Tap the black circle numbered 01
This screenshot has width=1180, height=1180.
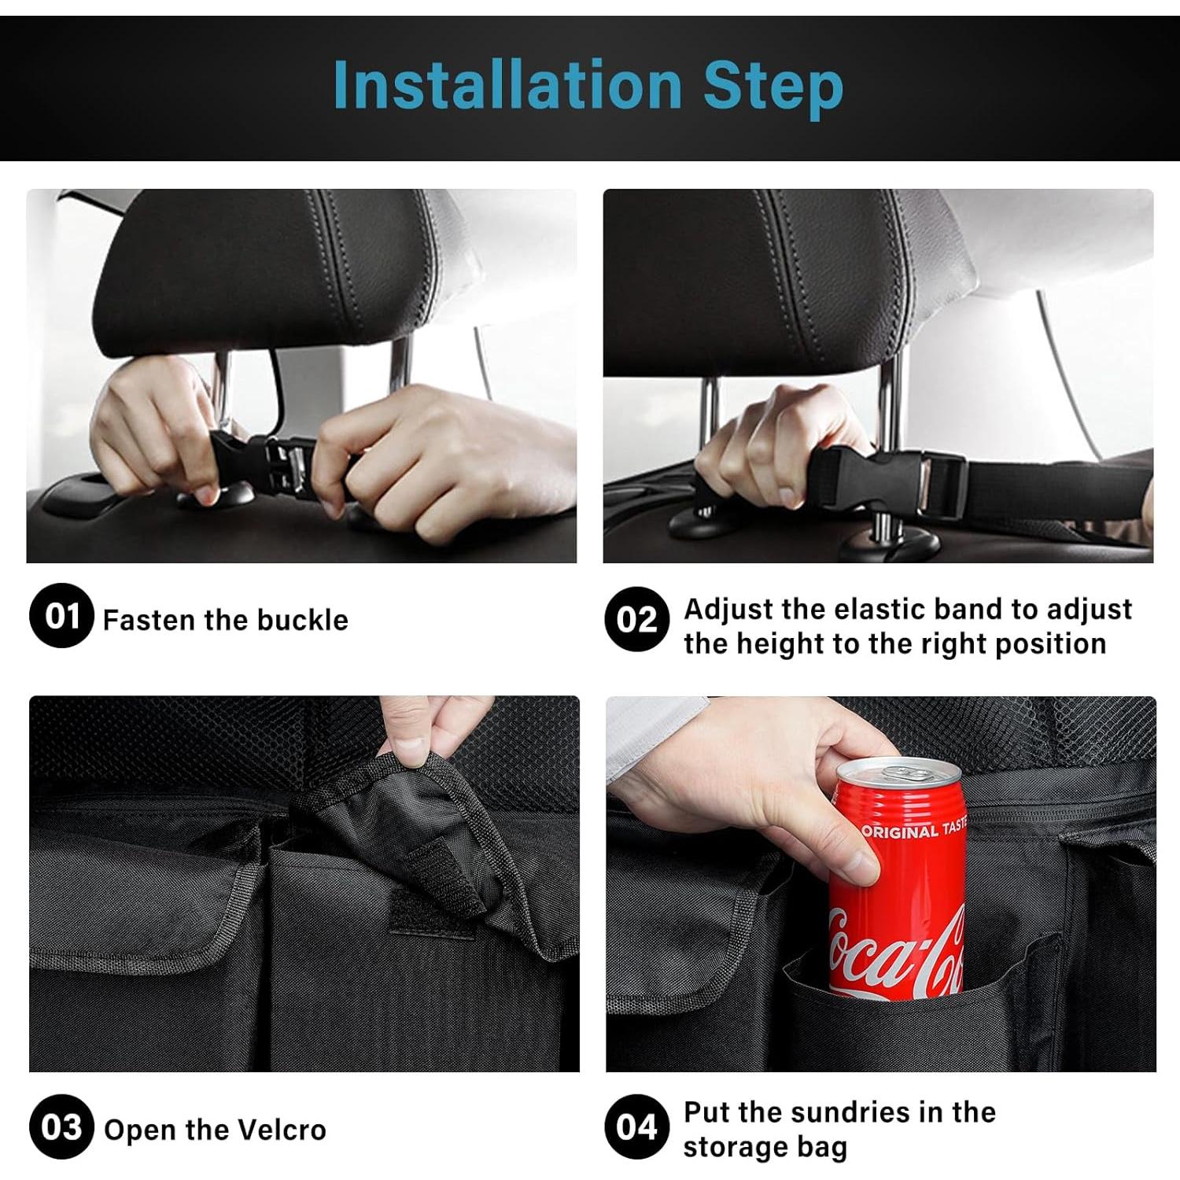(61, 616)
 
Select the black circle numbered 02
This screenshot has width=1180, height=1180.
(637, 619)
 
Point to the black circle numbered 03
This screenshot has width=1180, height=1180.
(61, 1127)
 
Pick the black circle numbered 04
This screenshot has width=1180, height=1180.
(637, 1127)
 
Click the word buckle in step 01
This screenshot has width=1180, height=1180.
(302, 620)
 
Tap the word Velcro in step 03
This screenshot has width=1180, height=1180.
(281, 1130)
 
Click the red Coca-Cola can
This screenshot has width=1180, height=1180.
(897, 877)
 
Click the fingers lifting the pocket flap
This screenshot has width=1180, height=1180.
(425, 728)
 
